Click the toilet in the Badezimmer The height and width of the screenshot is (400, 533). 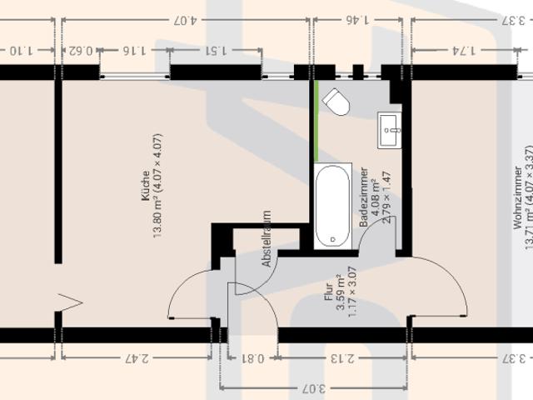[337, 102]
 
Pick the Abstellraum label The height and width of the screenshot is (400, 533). [266, 238]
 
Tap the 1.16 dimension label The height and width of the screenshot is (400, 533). [132, 50]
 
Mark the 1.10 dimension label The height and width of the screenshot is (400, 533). [23, 50]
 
